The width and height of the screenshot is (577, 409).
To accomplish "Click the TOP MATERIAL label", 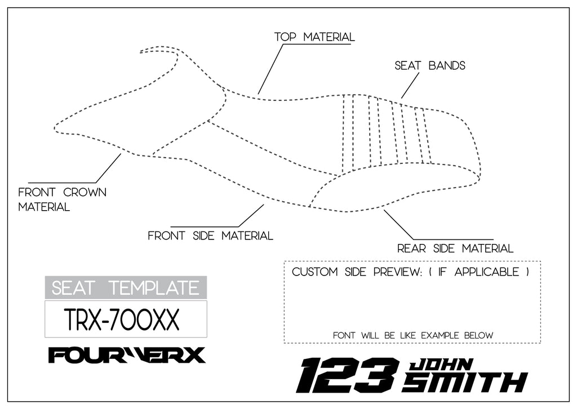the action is (314, 37).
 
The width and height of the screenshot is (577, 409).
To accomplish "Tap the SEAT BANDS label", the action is (430, 66).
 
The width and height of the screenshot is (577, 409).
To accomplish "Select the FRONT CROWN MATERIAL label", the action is (62, 199).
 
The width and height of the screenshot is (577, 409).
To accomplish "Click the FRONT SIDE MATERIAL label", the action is (211, 235).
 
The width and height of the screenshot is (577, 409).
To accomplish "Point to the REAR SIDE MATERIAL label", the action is (455, 248).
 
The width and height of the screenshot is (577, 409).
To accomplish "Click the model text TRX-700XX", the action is (122, 319).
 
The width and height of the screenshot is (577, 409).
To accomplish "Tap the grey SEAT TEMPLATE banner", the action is (126, 287).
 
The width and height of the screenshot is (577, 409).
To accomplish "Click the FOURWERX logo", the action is (127, 355).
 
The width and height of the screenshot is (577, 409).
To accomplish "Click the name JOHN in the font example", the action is (441, 364).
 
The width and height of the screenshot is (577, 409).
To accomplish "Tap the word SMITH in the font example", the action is (465, 383).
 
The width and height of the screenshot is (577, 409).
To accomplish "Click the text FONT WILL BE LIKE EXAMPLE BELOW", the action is (413, 335).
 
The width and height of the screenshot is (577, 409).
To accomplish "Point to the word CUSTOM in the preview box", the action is (314, 272).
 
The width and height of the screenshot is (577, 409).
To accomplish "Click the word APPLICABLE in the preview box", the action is (487, 272).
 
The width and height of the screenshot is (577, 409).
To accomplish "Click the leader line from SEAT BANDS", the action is (410, 86).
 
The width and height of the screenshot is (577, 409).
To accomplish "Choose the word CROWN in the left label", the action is (85, 192).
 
